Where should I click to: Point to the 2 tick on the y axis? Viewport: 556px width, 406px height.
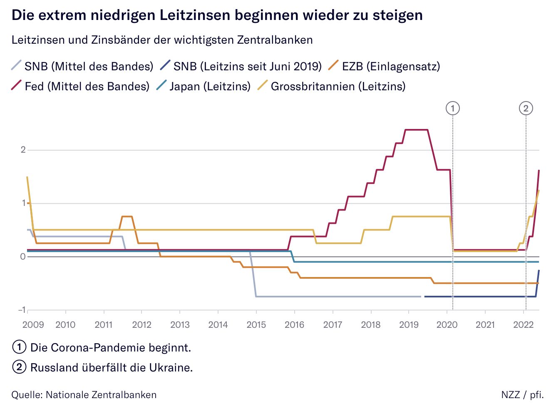[x=23, y=150]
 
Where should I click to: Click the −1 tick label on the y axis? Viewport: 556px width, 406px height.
[x=22, y=310]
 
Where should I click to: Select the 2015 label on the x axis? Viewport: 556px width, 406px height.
[x=256, y=325]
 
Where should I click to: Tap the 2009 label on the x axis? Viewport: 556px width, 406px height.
[x=33, y=325]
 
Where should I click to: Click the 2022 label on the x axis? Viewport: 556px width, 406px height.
[x=523, y=325]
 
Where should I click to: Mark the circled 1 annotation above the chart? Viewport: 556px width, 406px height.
[x=452, y=109]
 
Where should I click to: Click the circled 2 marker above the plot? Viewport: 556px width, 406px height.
[x=526, y=109]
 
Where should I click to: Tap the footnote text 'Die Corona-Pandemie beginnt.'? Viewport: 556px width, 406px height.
[x=110, y=347]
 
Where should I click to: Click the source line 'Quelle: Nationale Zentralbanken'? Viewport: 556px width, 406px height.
[x=84, y=395]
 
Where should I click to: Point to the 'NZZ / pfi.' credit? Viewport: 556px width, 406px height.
[x=522, y=395]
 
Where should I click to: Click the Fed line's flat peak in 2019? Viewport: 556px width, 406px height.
[x=417, y=130]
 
